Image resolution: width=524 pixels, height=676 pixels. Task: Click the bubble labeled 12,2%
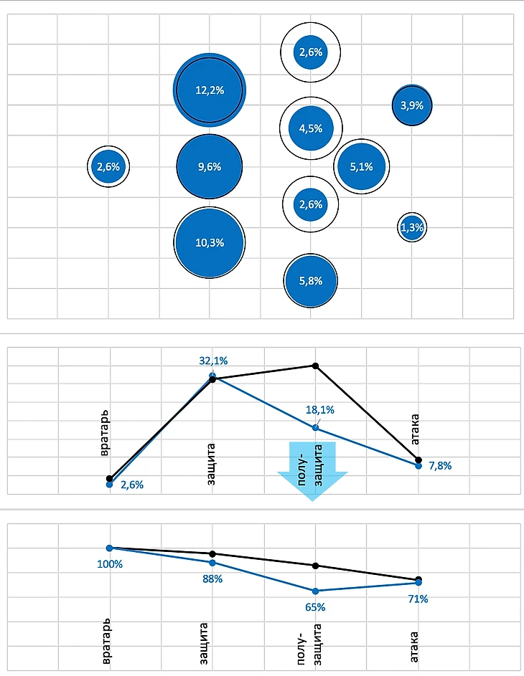(210, 90)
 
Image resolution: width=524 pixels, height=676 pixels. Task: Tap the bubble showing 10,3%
(210, 242)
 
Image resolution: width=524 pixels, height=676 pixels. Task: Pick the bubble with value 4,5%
(311, 128)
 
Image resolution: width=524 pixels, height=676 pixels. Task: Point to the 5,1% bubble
(361, 166)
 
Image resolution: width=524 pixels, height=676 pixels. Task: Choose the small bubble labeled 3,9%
(412, 105)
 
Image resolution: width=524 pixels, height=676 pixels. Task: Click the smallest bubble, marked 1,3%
(412, 228)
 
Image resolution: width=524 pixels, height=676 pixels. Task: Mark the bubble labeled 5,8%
(311, 280)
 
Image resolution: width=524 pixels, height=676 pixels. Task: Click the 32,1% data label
(212, 361)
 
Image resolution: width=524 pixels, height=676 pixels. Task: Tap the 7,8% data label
(440, 466)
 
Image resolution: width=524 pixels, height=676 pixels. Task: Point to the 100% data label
(110, 564)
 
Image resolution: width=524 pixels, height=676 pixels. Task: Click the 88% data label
(212, 579)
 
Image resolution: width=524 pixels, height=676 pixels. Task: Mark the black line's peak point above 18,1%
(315, 365)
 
